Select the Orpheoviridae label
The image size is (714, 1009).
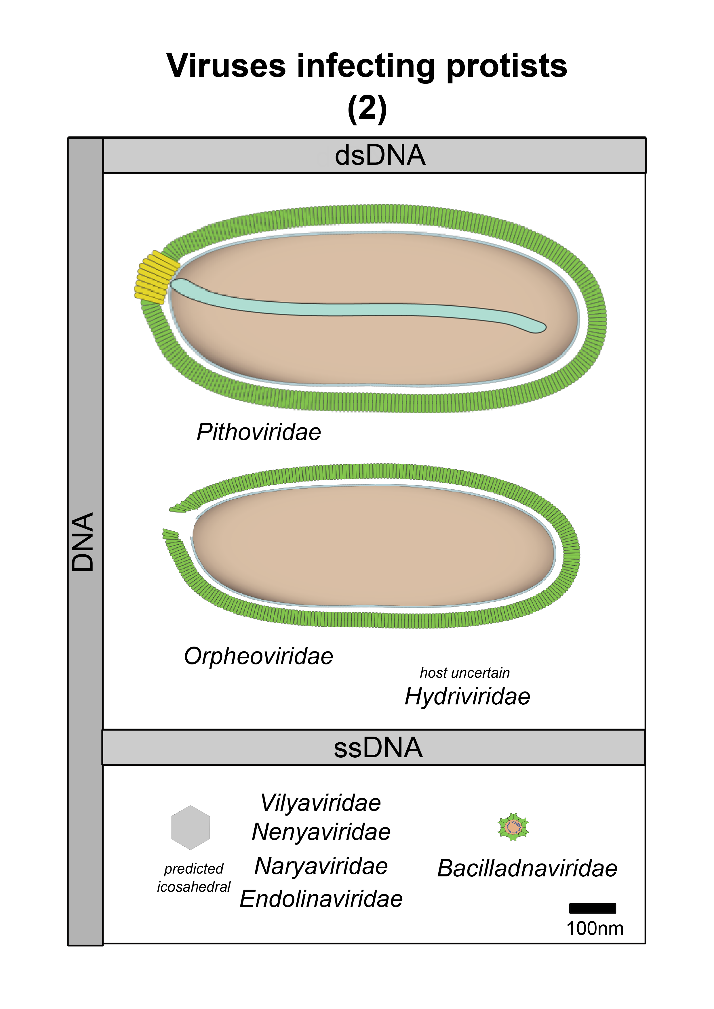pyautogui.click(x=258, y=657)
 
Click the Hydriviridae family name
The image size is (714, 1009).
pyautogui.click(x=467, y=697)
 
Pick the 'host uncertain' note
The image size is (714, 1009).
pyautogui.click(x=465, y=673)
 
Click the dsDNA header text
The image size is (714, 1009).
pyautogui.click(x=380, y=156)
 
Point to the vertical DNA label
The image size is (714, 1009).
pyautogui.click(x=83, y=542)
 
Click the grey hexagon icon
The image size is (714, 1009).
pyautogui.click(x=190, y=828)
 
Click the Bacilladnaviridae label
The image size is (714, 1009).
pyautogui.click(x=527, y=869)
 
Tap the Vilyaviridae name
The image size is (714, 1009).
pyautogui.click(x=321, y=803)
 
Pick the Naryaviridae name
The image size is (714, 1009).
pyautogui.click(x=321, y=867)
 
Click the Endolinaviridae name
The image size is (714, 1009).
pyautogui.click(x=321, y=899)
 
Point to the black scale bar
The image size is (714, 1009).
pyautogui.click(x=592, y=908)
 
